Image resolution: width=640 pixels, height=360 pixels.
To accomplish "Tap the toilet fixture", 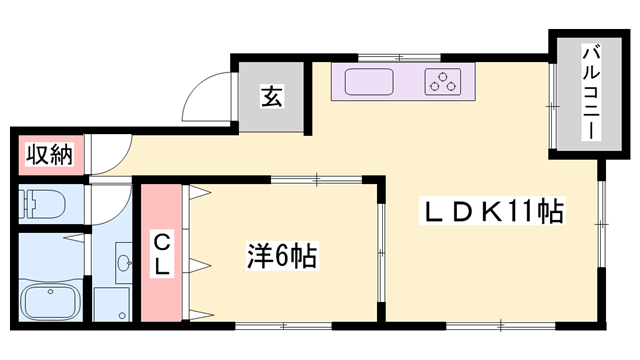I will (44, 204).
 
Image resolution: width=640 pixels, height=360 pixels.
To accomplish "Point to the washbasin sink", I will (124, 264).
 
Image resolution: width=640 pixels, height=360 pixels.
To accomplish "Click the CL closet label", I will (160, 253).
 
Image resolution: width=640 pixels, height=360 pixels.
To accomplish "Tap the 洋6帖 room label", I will (281, 257).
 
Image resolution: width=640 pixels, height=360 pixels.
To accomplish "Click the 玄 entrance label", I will (272, 97).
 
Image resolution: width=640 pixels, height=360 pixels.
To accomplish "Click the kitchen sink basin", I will (370, 82).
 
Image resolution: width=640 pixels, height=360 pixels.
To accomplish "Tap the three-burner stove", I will (443, 82).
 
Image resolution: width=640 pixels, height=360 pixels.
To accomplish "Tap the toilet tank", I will (27, 204).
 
